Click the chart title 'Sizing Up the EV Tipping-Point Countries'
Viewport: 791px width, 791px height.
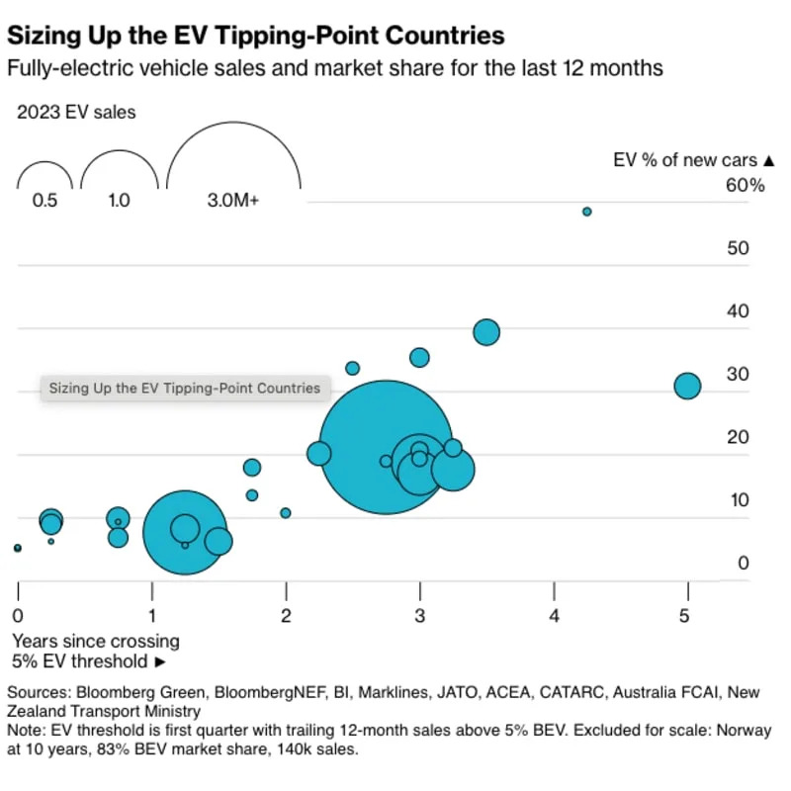(256, 37)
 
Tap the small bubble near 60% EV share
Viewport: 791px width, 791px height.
(586, 212)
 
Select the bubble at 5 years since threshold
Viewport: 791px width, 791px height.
(687, 387)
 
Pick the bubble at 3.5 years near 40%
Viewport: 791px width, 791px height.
(486, 332)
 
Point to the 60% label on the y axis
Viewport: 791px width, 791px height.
(746, 185)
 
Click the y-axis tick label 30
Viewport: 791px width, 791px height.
(738, 374)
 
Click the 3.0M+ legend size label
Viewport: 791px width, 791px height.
(232, 200)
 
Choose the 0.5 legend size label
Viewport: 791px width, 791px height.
(44, 200)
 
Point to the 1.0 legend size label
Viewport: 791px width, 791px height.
(119, 200)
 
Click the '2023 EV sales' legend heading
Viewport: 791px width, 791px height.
(76, 112)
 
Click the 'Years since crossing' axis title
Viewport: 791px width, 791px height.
(96, 641)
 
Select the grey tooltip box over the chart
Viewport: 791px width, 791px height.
(185, 388)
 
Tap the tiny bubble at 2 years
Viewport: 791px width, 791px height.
(286, 513)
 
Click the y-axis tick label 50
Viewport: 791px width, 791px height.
(738, 248)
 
